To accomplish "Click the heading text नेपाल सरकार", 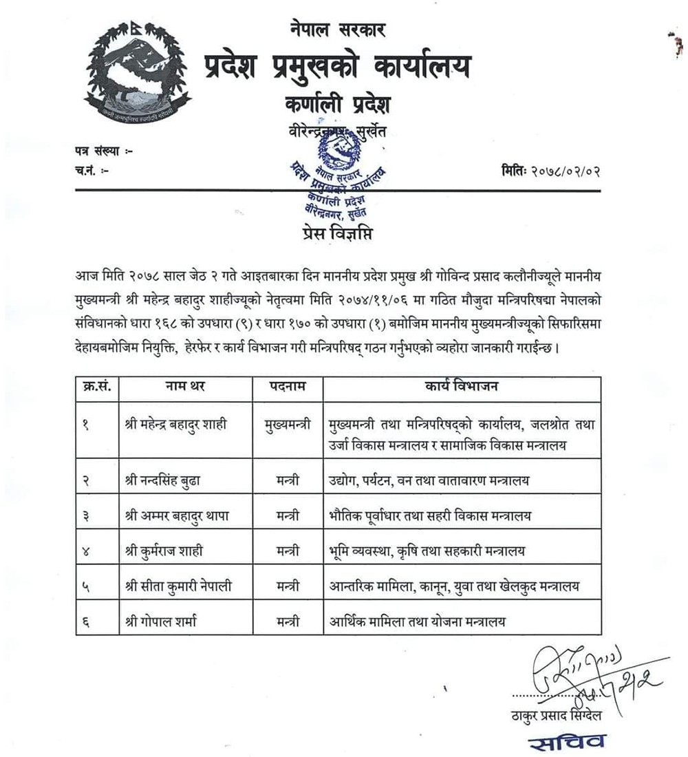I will (338, 30).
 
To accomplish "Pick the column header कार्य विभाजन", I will (462, 387).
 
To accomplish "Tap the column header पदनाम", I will (288, 387).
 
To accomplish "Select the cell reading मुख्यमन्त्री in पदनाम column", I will (288, 425).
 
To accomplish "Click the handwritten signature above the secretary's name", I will (592, 674).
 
